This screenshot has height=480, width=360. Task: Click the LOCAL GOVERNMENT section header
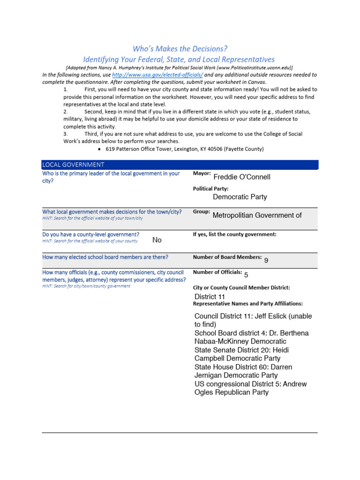pos(74,165)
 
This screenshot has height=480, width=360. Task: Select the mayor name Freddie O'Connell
pos(241,177)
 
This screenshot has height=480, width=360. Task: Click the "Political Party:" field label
pos(211,188)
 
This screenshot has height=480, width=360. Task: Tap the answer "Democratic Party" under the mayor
pos(240,197)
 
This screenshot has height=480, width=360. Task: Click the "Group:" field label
pos(201,212)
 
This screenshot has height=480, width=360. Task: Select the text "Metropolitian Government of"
pos(257,215)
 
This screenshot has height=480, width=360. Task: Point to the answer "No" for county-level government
pos(157,240)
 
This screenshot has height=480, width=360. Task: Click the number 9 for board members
pos(266,260)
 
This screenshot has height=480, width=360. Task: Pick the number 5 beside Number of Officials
pos(246,275)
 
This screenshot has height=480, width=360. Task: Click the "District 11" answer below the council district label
pos(210,297)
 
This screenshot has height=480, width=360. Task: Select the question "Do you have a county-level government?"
pos(91,234)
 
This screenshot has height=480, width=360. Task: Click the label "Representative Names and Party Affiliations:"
pos(248,304)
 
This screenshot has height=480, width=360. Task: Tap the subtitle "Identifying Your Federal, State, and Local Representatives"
pos(179,60)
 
